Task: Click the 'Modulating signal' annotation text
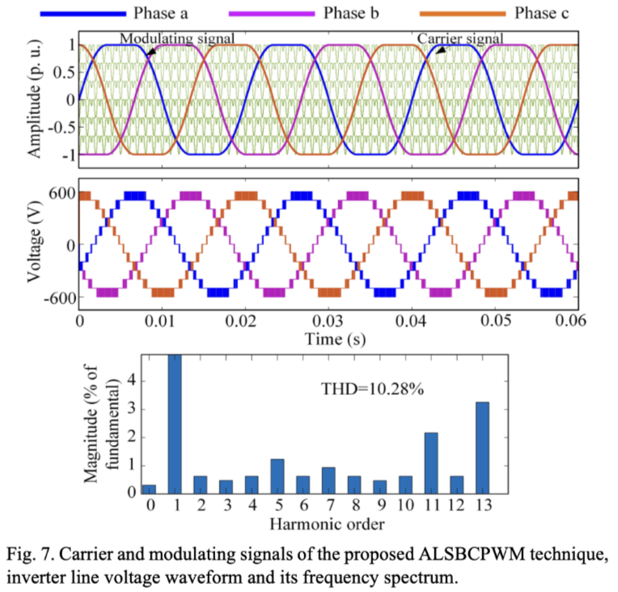click(177, 38)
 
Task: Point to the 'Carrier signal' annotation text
click(459, 38)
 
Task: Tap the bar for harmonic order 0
click(149, 488)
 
